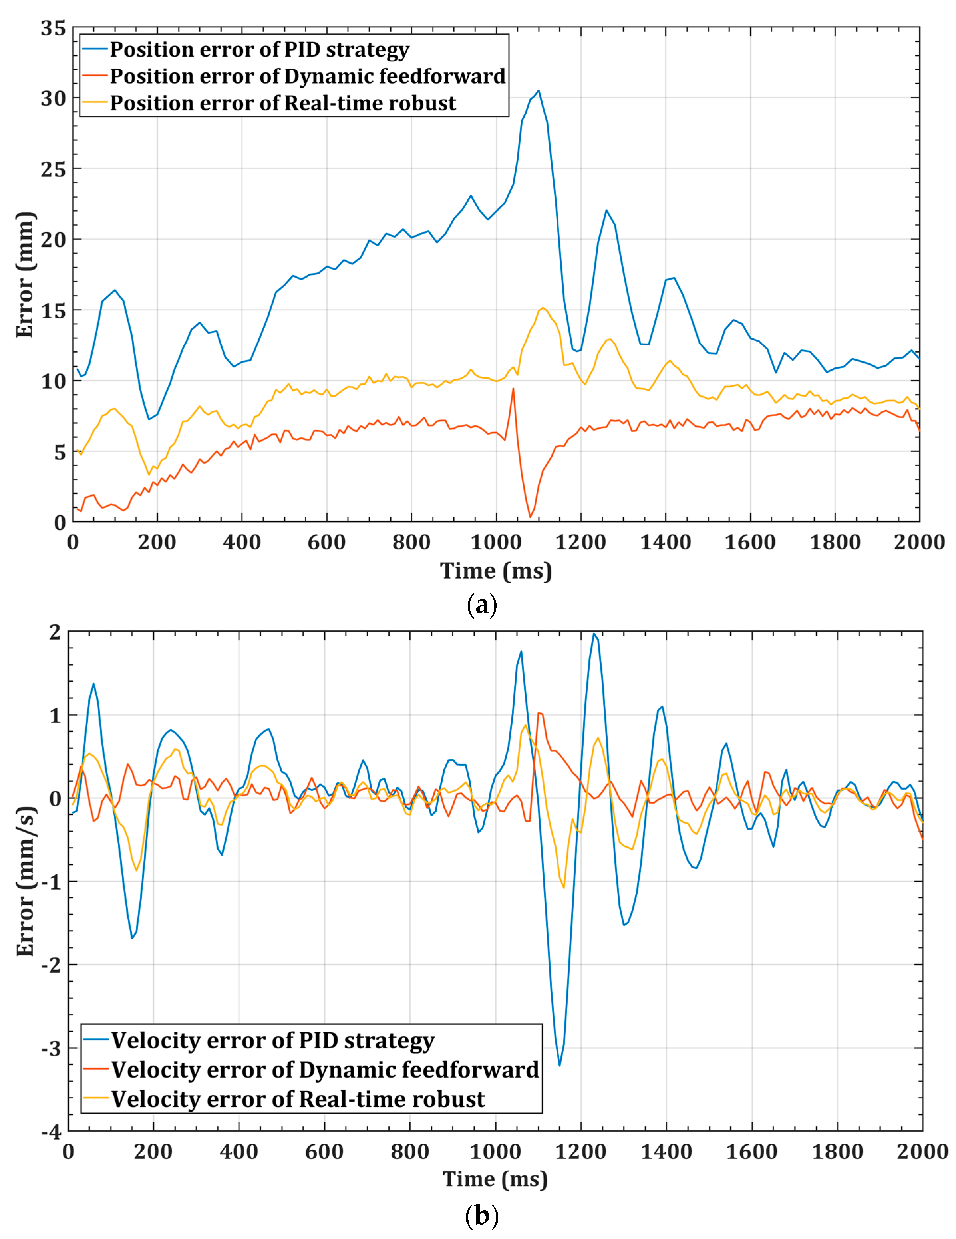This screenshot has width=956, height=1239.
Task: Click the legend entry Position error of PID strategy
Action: pyautogui.click(x=259, y=49)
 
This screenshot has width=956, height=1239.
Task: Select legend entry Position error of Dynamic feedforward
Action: pyautogui.click(x=307, y=76)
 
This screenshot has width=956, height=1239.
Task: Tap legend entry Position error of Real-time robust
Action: pyautogui.click(x=282, y=103)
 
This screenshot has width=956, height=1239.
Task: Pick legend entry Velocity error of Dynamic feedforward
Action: pyautogui.click(x=325, y=1070)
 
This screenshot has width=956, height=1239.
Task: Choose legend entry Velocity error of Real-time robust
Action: pyautogui.click(x=298, y=1099)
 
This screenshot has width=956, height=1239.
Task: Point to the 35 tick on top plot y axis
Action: pyautogui.click(x=53, y=28)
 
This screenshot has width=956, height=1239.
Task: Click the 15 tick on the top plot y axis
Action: pyautogui.click(x=53, y=310)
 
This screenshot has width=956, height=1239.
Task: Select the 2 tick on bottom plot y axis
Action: pyautogui.click(x=55, y=631)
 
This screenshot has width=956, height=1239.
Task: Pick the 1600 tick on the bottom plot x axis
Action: pyautogui.click(x=751, y=1152)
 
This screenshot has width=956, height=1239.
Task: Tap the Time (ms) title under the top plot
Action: pyautogui.click(x=496, y=571)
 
